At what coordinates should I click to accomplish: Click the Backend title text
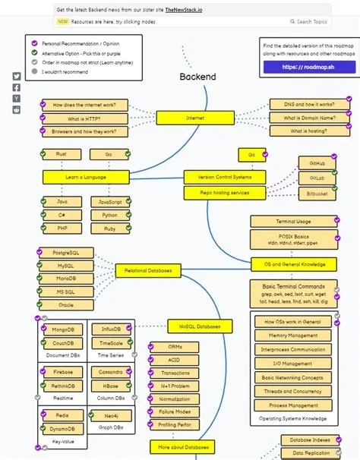(x=197, y=77)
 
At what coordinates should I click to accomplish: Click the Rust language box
(x=62, y=154)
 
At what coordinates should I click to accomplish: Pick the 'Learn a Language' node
(x=85, y=177)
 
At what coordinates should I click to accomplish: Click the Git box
(x=251, y=154)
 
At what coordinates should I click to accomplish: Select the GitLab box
(x=317, y=177)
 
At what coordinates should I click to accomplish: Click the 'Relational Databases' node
(x=149, y=270)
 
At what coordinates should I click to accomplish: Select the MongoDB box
(x=62, y=329)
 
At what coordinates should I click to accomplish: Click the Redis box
(x=62, y=416)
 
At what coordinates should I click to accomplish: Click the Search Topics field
(x=311, y=22)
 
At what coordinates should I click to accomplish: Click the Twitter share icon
(x=17, y=77)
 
